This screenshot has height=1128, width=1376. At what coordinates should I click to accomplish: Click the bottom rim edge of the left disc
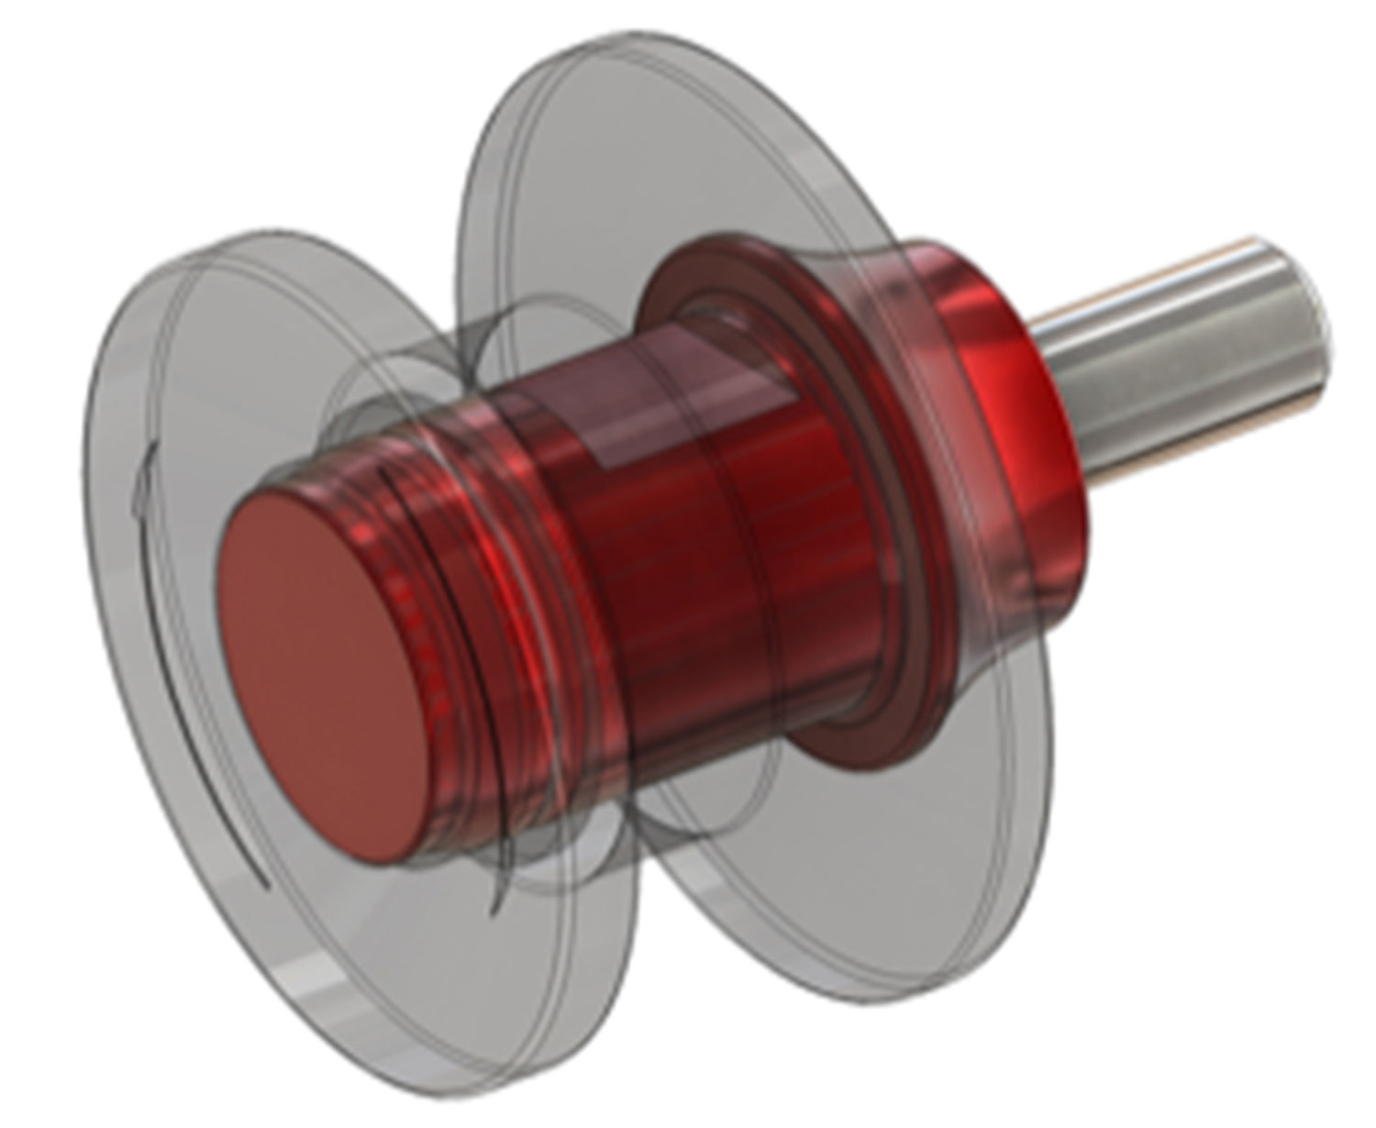tap(367, 1009)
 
